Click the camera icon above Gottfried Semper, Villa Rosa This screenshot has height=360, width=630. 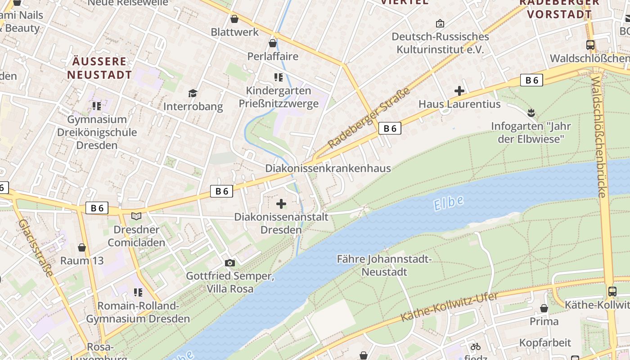(229, 263)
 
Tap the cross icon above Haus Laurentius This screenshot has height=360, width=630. (459, 91)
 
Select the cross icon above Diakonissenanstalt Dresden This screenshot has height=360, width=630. (281, 204)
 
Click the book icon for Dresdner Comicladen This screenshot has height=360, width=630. (136, 216)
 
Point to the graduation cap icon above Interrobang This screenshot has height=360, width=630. (193, 93)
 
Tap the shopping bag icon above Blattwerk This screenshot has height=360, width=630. (234, 19)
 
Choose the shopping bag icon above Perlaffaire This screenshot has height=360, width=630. (272, 43)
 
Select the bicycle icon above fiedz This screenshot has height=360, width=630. (475, 346)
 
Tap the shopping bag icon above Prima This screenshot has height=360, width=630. (544, 308)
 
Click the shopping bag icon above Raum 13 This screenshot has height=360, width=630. (82, 247)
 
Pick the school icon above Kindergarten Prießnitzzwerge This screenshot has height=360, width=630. (279, 77)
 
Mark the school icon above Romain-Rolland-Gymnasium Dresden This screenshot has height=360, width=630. (138, 292)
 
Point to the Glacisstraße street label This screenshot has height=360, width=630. (36, 248)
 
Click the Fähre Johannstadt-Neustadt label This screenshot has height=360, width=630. (384, 265)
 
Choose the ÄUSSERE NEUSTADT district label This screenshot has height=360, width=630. (99, 68)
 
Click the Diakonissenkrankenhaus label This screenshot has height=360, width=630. (328, 168)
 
